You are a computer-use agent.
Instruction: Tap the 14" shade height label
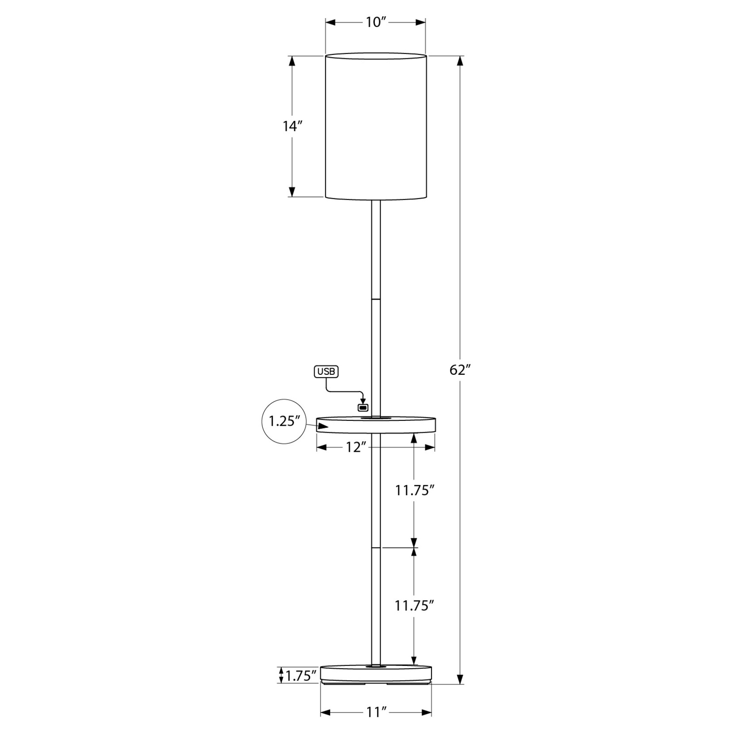292,126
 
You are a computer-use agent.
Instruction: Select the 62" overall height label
460,370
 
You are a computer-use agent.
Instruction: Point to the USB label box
326,372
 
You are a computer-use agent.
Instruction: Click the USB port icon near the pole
363,407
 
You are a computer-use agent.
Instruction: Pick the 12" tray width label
357,447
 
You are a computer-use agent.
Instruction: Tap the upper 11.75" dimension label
414,490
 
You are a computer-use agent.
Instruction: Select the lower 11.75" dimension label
414,606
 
